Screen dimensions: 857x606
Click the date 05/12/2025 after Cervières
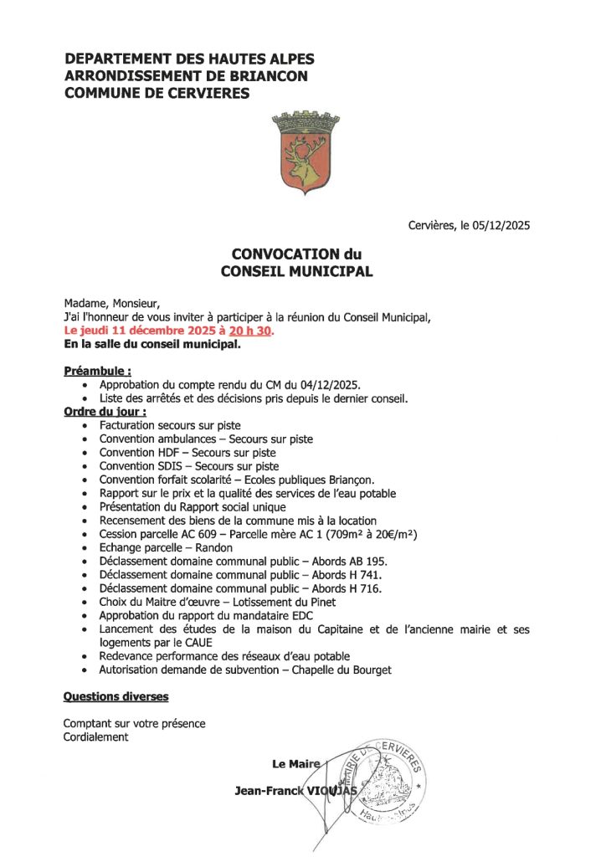pyautogui.click(x=500, y=225)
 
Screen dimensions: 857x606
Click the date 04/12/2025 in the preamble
pyautogui.click(x=331, y=384)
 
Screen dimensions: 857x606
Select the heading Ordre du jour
pyautogui.click(x=105, y=412)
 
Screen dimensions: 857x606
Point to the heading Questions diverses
pyautogui.click(x=116, y=696)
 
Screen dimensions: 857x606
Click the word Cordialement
pyautogui.click(x=96, y=737)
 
